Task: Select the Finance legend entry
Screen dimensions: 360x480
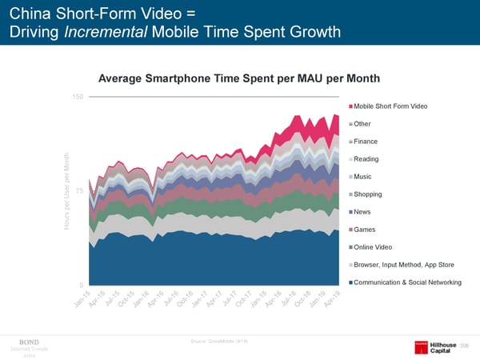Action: [367, 142]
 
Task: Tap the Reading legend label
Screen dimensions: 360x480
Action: [367, 159]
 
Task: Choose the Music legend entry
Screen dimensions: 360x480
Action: [364, 177]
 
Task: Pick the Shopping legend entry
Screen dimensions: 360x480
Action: [369, 194]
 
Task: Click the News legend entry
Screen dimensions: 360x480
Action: [363, 212]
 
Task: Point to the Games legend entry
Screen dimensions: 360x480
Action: [365, 230]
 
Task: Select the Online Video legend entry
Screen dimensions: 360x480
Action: [373, 246]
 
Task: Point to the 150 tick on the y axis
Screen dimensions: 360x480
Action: [78, 97]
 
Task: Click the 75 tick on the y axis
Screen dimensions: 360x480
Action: [80, 190]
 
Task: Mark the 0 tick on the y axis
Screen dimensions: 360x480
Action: [82, 285]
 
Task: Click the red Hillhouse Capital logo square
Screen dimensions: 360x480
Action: [421, 346]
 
